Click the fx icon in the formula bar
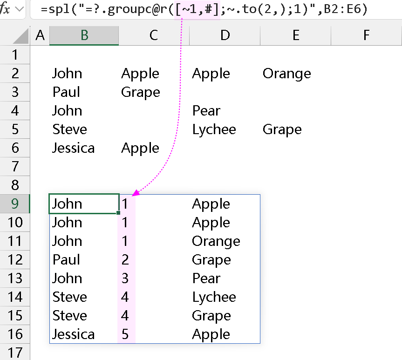tap(6, 9)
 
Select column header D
tap(225, 35)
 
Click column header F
tap(366, 35)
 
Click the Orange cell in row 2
tap(286, 74)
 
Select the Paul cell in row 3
tap(67, 92)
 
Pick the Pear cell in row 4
tap(206, 111)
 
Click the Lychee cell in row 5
tap(214, 129)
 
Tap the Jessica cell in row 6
tap(74, 148)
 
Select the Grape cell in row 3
tap(140, 92)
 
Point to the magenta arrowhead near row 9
tap(136, 192)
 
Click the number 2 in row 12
tap(125, 260)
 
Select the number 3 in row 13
tap(125, 278)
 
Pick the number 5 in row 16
tap(125, 334)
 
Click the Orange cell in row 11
tap(216, 241)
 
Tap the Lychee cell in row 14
tap(214, 297)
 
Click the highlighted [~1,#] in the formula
tap(198, 9)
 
